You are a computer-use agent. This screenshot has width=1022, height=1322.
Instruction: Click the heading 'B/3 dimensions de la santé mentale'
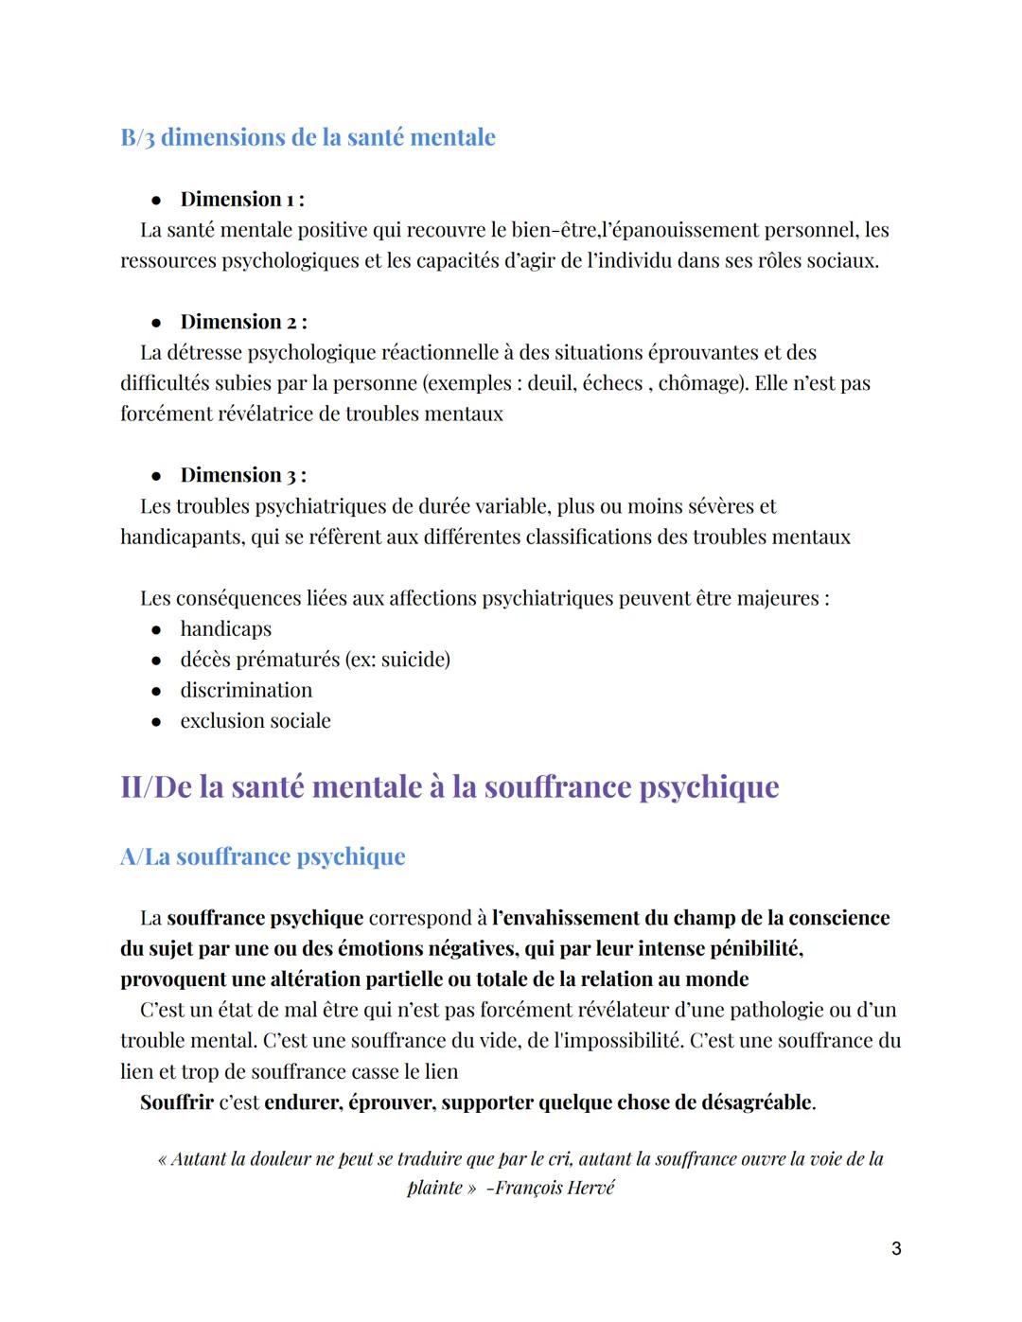click(308, 137)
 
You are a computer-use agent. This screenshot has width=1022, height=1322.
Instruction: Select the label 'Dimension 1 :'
click(241, 200)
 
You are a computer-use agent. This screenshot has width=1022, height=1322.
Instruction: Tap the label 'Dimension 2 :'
click(243, 322)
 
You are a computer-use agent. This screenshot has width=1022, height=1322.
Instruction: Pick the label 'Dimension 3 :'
click(243, 475)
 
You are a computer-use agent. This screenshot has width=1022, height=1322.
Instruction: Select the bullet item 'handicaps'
click(225, 629)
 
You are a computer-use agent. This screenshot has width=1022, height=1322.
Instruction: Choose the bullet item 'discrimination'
click(246, 690)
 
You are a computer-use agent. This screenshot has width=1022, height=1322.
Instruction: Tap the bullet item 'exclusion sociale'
click(255, 721)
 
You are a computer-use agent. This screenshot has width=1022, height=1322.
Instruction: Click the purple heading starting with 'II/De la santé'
click(449, 787)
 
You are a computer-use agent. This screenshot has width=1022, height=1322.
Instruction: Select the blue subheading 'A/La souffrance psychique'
click(262, 856)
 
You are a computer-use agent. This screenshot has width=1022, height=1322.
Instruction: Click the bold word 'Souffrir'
click(176, 1102)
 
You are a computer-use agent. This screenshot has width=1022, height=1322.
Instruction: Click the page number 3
click(896, 1249)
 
